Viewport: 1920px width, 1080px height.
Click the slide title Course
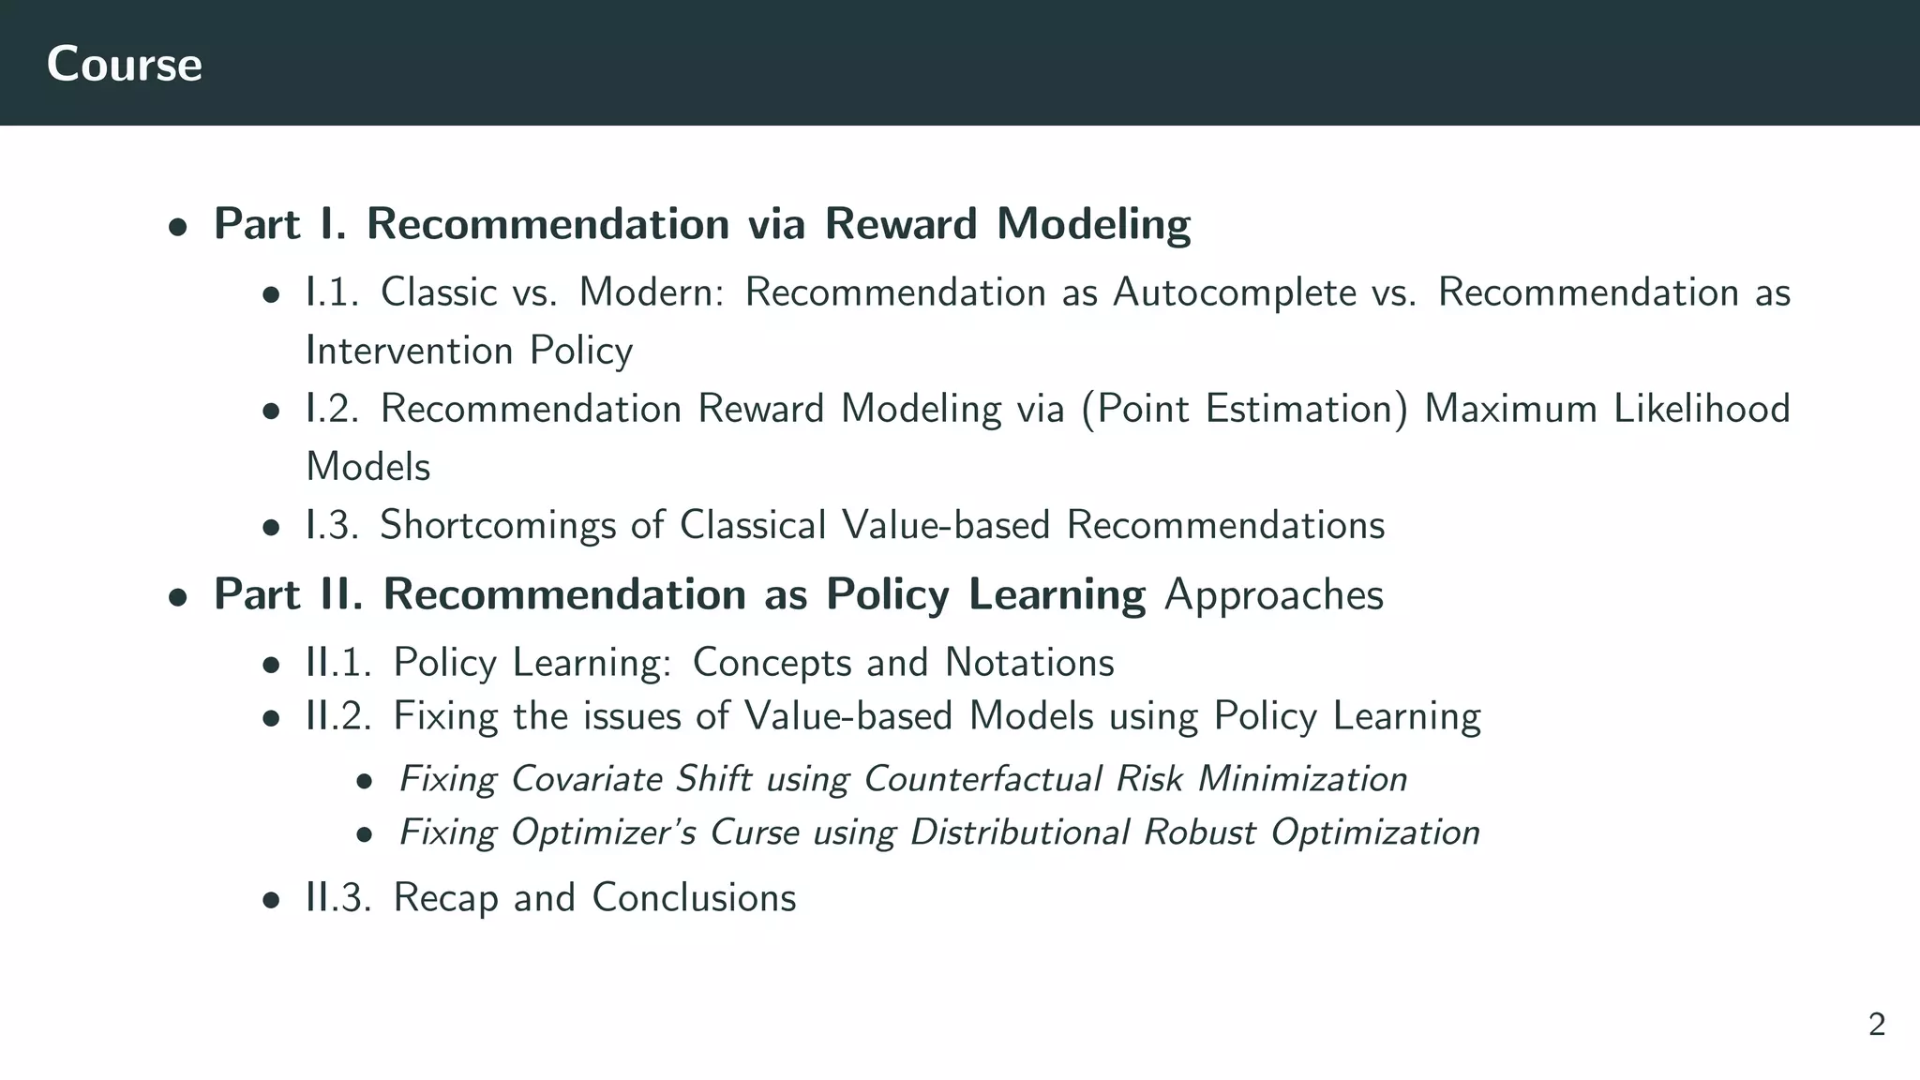[124, 64]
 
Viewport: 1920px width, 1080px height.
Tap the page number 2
[1876, 1025]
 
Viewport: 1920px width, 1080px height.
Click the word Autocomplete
[1235, 292]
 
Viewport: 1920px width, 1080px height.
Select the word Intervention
[410, 351]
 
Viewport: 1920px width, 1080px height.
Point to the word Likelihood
[1702, 409]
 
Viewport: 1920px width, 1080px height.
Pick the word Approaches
[1273, 594]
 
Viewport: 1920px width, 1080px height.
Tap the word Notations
[1029, 663]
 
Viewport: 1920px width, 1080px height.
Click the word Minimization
[1302, 779]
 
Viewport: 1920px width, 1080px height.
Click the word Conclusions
[694, 898]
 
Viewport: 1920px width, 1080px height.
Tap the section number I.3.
[332, 525]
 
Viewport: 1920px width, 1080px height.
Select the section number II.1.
[338, 663]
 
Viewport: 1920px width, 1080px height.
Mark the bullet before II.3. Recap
[271, 901]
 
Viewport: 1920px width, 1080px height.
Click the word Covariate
[586, 779]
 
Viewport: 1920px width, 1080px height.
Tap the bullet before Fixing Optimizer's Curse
[365, 834]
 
